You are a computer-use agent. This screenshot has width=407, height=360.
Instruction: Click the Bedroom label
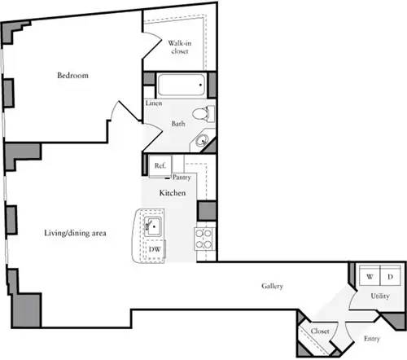[x=72, y=76]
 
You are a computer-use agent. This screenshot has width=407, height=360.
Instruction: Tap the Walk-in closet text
[x=179, y=46]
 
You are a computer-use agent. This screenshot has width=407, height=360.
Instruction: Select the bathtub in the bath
[x=179, y=86]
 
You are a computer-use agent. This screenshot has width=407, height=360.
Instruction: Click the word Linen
[x=153, y=103]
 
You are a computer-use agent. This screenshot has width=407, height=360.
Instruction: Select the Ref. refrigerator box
[x=160, y=165]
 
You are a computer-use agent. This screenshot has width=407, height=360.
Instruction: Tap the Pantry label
[x=182, y=176]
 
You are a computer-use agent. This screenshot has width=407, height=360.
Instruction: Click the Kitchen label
[x=173, y=193]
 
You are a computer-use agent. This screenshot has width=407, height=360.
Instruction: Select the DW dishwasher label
[x=154, y=250]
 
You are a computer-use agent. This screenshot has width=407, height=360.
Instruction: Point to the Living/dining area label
[x=76, y=233]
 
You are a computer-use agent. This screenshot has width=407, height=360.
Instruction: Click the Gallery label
[x=272, y=287]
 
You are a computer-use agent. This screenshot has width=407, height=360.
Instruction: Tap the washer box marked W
[x=370, y=278]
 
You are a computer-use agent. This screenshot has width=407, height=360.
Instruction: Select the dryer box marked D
[x=391, y=278]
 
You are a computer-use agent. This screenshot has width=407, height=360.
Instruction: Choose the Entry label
[x=372, y=338]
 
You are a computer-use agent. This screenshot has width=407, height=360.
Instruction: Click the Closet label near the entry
[x=319, y=331]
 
